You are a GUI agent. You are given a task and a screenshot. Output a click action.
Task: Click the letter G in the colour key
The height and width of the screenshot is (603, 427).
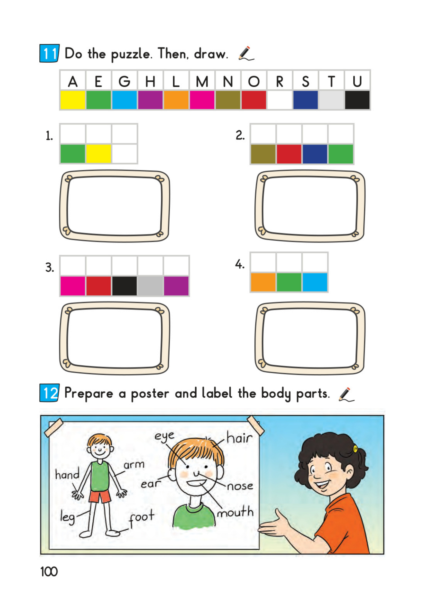pos(124,81)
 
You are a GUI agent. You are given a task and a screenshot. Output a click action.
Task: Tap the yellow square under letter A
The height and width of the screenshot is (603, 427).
pos(73,100)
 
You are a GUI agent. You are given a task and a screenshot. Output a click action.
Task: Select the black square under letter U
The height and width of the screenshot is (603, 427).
pos(357,100)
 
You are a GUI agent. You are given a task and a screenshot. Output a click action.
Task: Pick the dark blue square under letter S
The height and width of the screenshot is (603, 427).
pos(305,100)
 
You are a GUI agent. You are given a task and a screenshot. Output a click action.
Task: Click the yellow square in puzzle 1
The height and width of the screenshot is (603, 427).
pos(99,154)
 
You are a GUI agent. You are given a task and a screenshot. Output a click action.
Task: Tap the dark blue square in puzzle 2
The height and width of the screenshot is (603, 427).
pos(315,154)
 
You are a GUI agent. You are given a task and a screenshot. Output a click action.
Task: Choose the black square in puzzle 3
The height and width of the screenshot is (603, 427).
pos(124,286)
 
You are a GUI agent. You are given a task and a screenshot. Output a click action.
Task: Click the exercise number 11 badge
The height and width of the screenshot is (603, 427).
pos(49,53)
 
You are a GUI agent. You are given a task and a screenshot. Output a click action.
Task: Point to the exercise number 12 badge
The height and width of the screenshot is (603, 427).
pos(49,393)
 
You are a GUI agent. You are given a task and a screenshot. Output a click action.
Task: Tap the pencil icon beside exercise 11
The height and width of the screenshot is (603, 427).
pos(246,54)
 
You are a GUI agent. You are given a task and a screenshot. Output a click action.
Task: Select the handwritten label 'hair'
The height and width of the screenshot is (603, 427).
pos(239,438)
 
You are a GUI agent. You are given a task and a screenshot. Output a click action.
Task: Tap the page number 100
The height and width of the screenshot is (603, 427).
pos(49,572)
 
